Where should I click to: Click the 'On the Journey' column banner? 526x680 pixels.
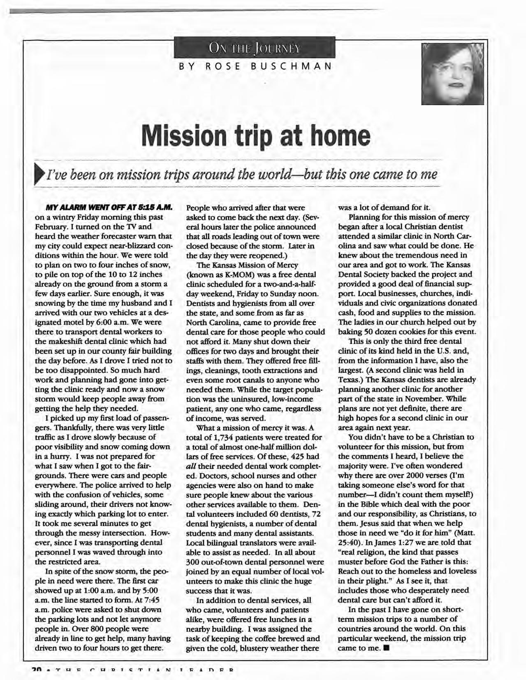pyautogui.click(x=255, y=48)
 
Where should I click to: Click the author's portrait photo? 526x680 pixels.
pyautogui.click(x=452, y=75)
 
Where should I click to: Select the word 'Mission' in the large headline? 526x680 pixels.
pyautogui.click(x=188, y=135)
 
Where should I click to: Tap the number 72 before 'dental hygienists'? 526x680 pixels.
pyautogui.click(x=316, y=514)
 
